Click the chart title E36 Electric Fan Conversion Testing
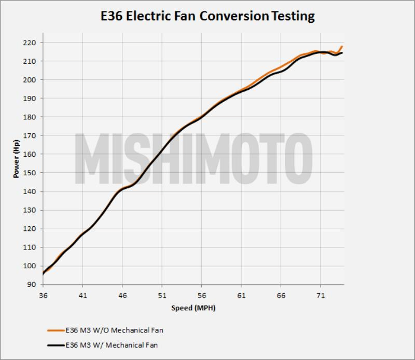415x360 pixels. (x=208, y=16)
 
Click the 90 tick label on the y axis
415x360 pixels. (x=32, y=285)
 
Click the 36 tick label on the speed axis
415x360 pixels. (x=43, y=295)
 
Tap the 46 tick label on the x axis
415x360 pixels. (x=122, y=295)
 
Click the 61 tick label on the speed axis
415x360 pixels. (x=241, y=295)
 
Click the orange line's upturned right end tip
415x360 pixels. (x=342, y=47)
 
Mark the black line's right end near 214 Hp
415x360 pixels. (x=342, y=53)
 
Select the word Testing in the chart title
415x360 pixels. (x=292, y=16)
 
